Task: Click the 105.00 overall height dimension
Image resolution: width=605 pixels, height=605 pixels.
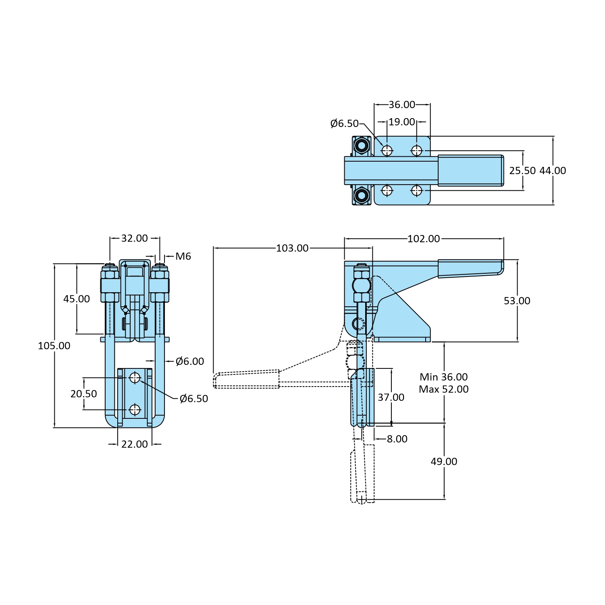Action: [54, 346]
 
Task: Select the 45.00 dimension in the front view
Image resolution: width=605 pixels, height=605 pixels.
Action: [77, 299]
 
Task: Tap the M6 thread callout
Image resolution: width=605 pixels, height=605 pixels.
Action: [183, 256]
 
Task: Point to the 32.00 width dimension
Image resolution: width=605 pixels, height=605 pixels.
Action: [135, 238]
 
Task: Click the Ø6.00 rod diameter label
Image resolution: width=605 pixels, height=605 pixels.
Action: [190, 362]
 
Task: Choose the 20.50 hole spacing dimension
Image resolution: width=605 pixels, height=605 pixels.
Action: [84, 394]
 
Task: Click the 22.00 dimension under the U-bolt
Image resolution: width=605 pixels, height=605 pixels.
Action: [135, 444]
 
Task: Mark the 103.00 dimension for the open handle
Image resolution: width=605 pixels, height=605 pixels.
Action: [292, 248]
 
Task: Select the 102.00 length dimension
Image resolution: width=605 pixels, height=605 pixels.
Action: [424, 239]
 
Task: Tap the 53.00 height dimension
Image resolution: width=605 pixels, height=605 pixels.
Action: [517, 301]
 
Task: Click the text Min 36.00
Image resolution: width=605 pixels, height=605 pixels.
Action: [444, 377]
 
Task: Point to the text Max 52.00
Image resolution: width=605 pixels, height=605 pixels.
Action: [444, 389]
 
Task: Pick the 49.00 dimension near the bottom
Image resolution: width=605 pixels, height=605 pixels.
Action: [444, 462]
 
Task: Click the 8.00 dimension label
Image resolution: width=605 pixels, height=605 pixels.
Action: [397, 439]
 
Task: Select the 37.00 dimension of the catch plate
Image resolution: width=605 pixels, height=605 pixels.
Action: [391, 397]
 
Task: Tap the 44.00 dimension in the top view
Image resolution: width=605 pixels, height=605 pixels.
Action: [553, 171]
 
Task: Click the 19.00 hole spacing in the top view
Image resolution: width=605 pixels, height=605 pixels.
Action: [402, 122]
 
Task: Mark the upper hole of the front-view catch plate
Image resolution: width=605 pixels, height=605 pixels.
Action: [135, 378]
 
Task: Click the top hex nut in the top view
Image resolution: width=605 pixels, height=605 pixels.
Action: [362, 145]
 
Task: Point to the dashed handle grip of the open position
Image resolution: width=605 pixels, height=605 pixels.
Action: [246, 380]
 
